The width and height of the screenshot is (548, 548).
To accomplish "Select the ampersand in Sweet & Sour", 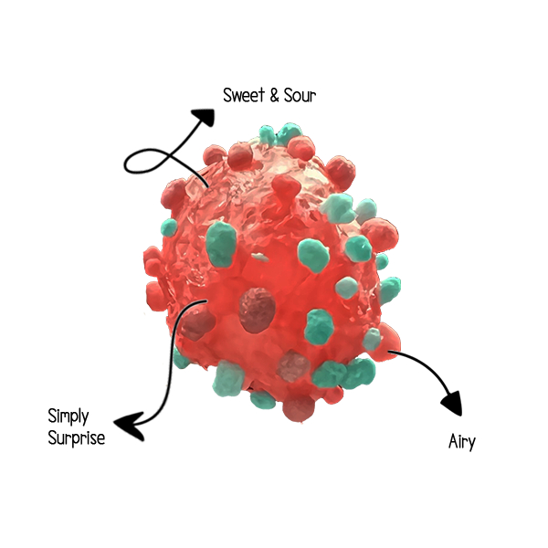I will tap(275, 95).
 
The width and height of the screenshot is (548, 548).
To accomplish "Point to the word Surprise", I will tap(76, 437).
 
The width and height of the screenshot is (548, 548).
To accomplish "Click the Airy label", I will tap(461, 441).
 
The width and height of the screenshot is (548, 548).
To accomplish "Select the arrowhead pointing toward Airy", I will tap(450, 401).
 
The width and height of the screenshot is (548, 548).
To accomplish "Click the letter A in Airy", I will tap(453, 441).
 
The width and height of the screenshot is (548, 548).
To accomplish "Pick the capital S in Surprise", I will tap(53, 437).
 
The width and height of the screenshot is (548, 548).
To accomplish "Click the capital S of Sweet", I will tap(228, 95).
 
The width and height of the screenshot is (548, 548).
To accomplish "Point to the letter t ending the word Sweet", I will tap(262, 95).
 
